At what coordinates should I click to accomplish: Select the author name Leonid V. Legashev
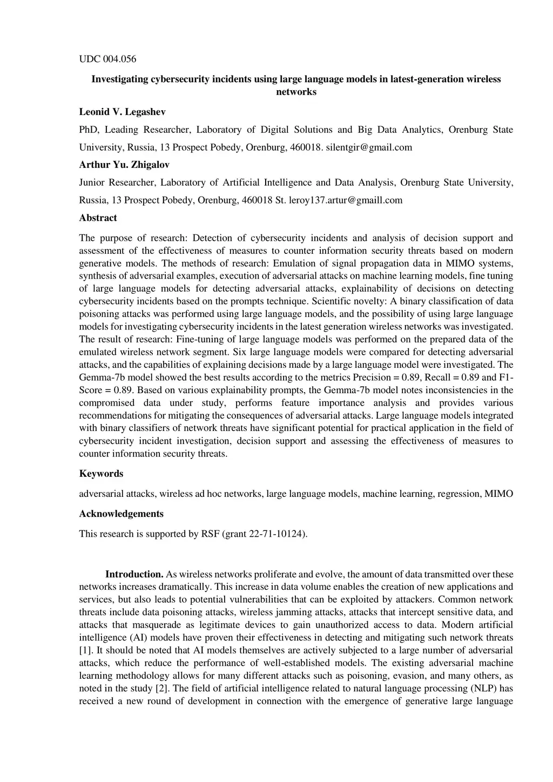point(122,112)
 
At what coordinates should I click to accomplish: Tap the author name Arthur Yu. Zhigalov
point(124,165)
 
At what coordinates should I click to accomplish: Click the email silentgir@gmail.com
point(369,147)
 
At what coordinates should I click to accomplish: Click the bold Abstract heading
point(98,218)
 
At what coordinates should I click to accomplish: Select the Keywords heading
point(101,474)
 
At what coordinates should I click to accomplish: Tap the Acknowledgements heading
point(121,514)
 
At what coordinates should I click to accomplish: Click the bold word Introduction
point(134,574)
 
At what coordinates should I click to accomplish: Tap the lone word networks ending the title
point(296,92)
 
